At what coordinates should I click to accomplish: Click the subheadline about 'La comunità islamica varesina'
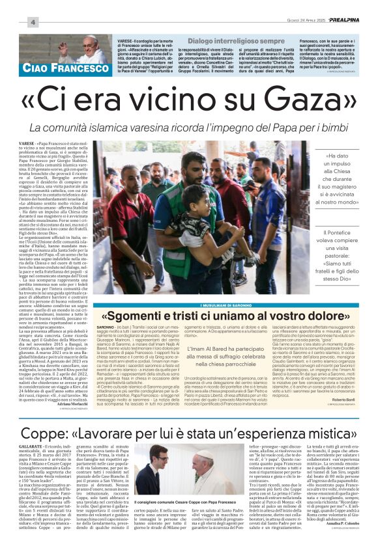click(189, 125)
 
